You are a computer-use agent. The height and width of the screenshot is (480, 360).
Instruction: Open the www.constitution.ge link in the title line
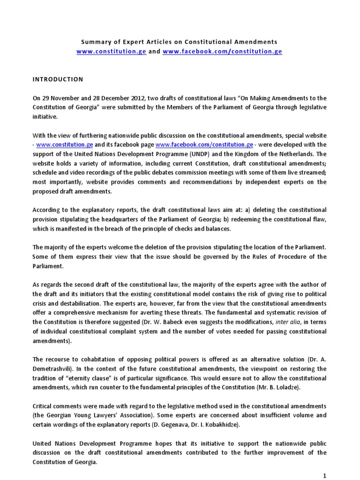pos(111,52)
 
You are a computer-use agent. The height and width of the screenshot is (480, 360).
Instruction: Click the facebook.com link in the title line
pos(222,52)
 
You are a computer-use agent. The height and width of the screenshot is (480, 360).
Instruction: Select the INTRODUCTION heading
pos(57,79)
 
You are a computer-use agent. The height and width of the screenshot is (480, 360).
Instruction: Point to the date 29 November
pos(61,97)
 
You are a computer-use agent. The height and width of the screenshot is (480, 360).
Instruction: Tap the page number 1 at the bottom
pos(324,475)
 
